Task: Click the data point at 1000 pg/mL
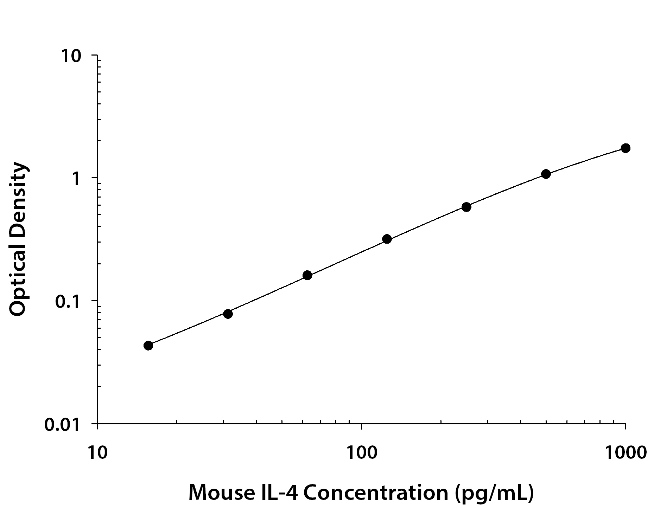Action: [x=625, y=148]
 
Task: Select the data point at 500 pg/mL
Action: [x=546, y=174]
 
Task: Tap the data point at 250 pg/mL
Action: [x=466, y=207]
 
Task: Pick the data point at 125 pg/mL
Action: [x=387, y=239]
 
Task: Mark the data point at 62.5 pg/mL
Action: [x=307, y=275]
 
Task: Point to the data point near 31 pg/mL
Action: [x=228, y=314]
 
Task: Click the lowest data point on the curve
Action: [x=148, y=346]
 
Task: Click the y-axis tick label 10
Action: [x=72, y=56]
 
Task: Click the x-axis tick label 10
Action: [x=97, y=453]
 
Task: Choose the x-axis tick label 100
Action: [x=361, y=453]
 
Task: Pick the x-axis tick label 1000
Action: [x=625, y=453]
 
